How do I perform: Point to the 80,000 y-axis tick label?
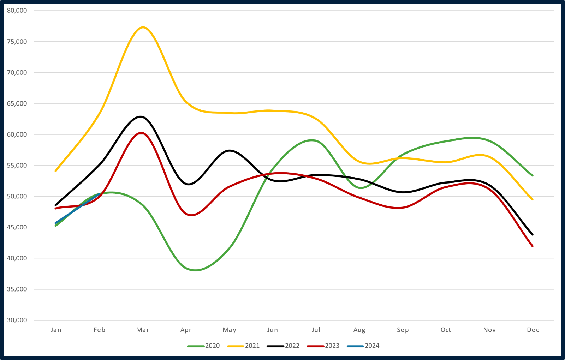click(17, 11)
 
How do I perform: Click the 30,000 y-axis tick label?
click(17, 320)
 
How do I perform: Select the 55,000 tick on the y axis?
click(17, 166)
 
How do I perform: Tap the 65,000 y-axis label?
click(17, 103)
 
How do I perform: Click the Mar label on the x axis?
click(143, 330)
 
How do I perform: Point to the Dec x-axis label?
click(533, 330)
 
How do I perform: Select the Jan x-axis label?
click(56, 330)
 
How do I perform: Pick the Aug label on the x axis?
click(359, 330)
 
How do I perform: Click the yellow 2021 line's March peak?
click(143, 27)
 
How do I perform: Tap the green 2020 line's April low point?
click(195, 270)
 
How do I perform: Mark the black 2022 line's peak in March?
click(141, 116)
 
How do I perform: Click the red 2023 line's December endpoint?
click(533, 246)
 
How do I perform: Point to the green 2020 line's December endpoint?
click(533, 175)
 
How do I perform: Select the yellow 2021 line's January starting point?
click(56, 171)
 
